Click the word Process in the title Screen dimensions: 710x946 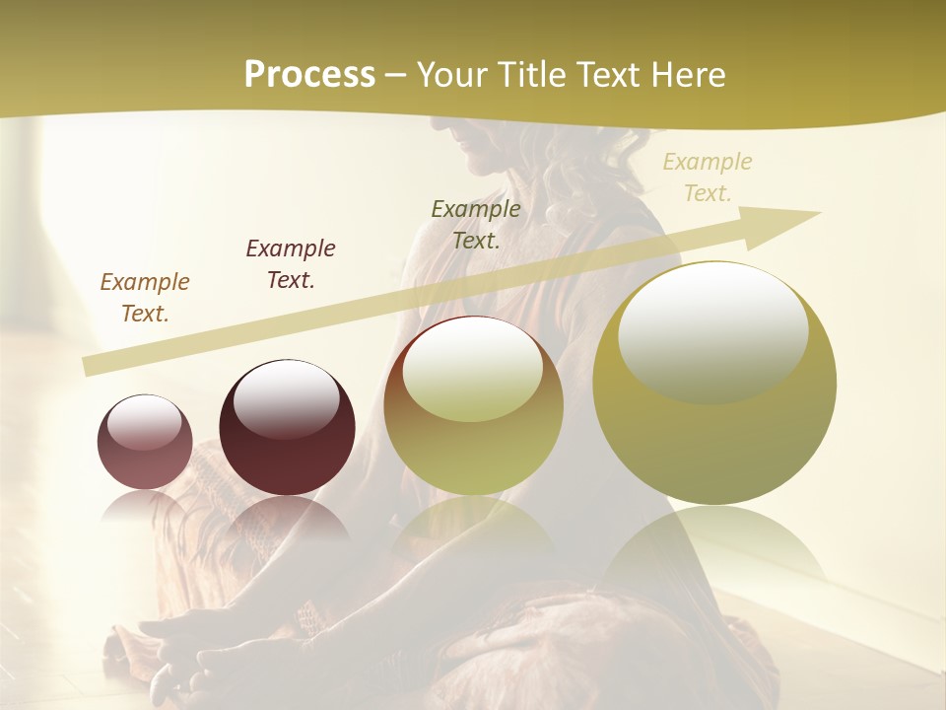click(309, 75)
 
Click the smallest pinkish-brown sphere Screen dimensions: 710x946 click(145, 443)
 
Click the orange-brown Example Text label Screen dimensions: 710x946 click(145, 298)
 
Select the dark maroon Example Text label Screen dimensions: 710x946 click(291, 264)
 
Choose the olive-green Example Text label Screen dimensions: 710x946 click(476, 224)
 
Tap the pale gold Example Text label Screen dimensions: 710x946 click(708, 177)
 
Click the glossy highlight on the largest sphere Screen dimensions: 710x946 click(712, 330)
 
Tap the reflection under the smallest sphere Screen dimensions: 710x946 click(145, 508)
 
